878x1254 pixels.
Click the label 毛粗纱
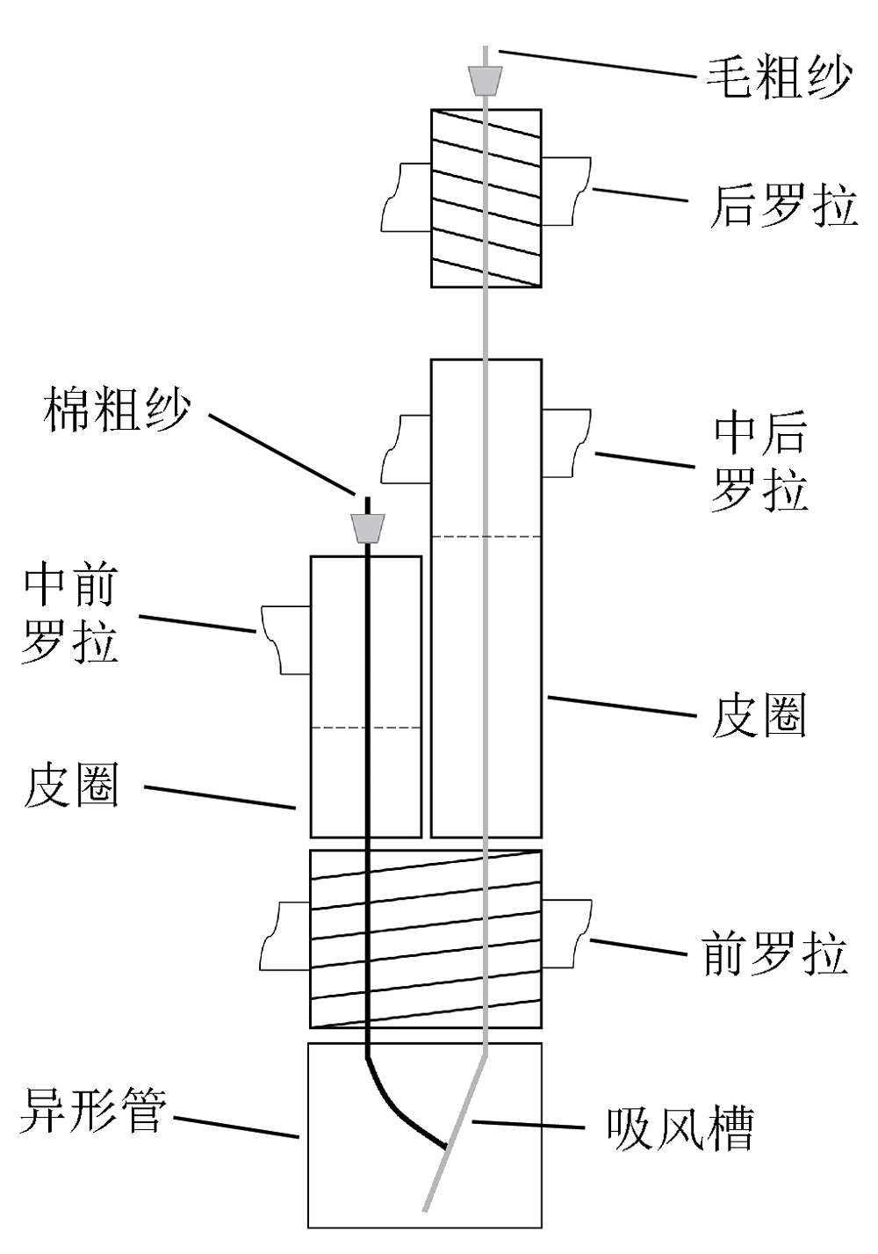tap(780, 77)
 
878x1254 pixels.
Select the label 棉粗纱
tap(116, 410)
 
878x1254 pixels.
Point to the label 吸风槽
tap(680, 1128)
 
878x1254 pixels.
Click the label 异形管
tap(92, 1111)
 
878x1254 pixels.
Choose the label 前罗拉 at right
tap(774, 954)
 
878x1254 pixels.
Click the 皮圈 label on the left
tap(70, 785)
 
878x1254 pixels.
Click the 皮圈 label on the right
tap(759, 714)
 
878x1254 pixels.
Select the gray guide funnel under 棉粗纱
tap(368, 529)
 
